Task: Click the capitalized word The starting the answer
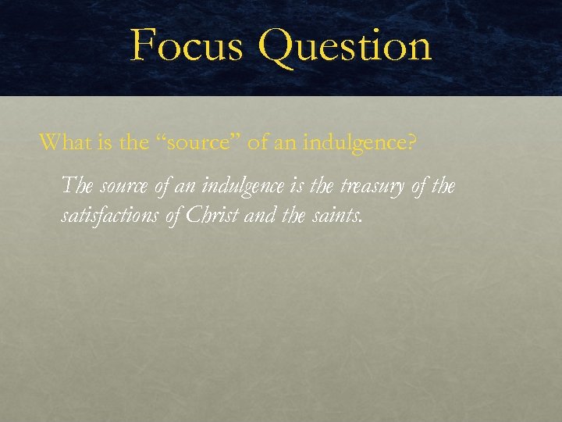tap(76, 186)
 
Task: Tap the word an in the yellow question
tap(283, 144)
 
